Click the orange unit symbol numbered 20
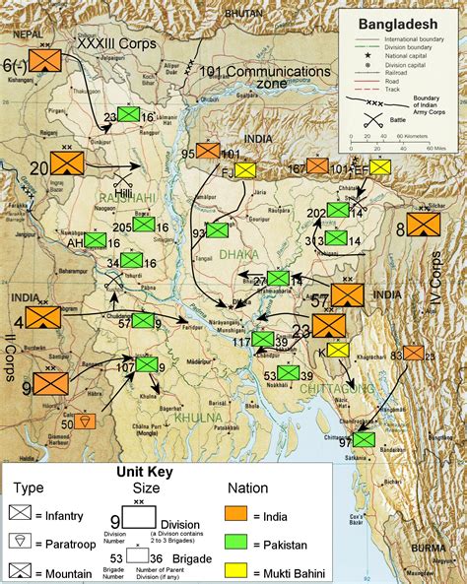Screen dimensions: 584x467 click(67, 161)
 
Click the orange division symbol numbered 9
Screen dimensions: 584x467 click(51, 383)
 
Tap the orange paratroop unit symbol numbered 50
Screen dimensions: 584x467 click(86, 421)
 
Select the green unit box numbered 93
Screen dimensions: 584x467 click(217, 230)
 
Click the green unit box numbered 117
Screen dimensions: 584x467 click(262, 339)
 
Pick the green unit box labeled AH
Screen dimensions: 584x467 click(95, 240)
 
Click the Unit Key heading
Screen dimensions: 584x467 click(146, 472)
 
